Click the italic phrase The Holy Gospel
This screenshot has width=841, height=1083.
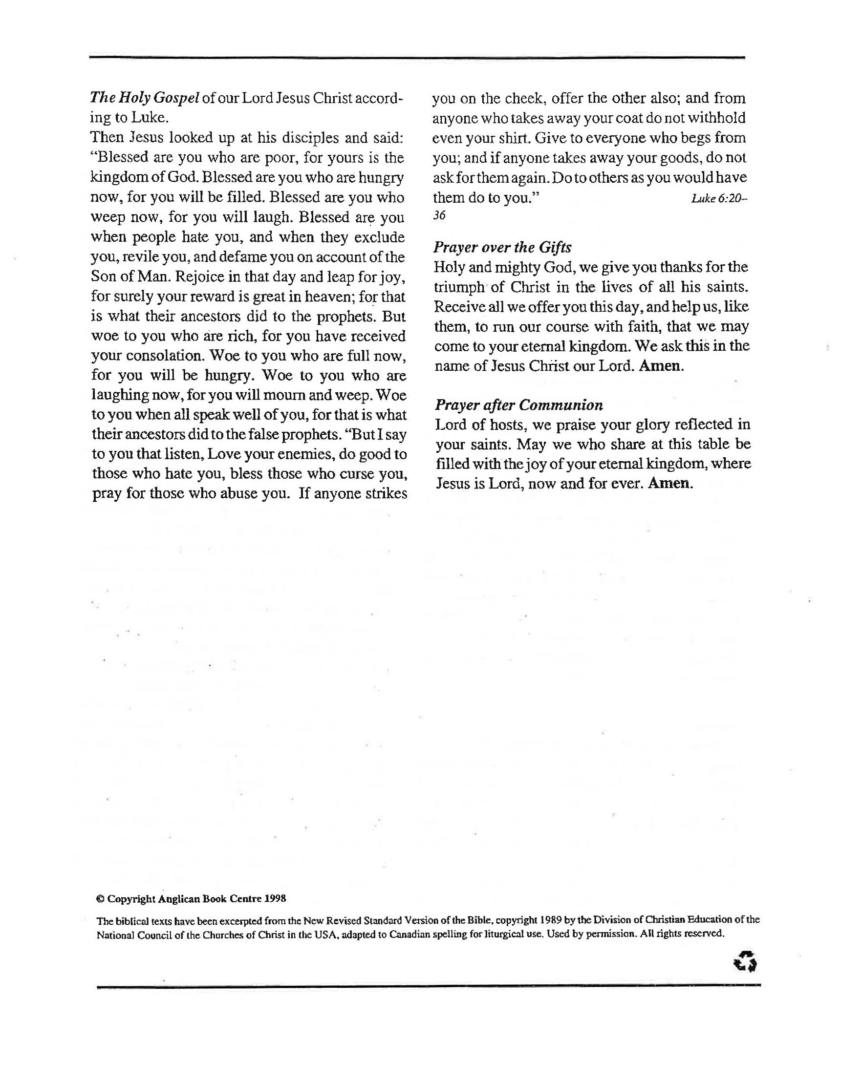pos(144,98)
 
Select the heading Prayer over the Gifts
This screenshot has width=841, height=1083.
pos(502,247)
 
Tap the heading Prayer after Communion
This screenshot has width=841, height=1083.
pos(518,405)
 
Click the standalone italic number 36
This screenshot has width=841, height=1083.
pos(439,216)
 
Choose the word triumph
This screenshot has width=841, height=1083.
pos(459,287)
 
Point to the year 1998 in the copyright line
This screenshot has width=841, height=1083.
pos(276,898)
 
